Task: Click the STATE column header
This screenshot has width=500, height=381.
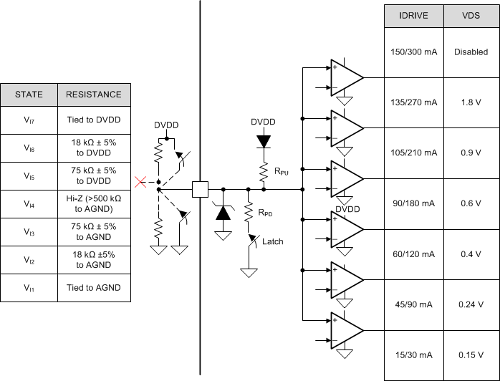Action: (29, 95)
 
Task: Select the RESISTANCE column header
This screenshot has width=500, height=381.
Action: (94, 95)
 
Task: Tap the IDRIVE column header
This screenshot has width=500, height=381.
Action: (414, 16)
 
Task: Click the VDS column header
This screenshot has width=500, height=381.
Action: (471, 16)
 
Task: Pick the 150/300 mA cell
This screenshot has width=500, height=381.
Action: (414, 52)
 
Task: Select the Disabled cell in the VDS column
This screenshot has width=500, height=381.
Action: (471, 52)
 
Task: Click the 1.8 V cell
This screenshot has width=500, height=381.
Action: (471, 102)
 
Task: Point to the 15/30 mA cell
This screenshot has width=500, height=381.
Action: (414, 355)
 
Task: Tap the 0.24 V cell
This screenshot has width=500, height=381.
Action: (471, 304)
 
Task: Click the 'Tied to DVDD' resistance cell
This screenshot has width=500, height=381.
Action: (94, 122)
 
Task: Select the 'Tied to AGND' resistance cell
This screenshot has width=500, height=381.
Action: (94, 288)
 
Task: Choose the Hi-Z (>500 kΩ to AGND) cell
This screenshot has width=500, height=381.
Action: (94, 205)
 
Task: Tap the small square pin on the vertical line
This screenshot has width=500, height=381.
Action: (200, 190)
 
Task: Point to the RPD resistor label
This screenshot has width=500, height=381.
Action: (266, 213)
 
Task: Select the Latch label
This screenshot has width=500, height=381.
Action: (272, 241)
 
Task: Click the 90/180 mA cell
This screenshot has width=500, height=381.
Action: (414, 203)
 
